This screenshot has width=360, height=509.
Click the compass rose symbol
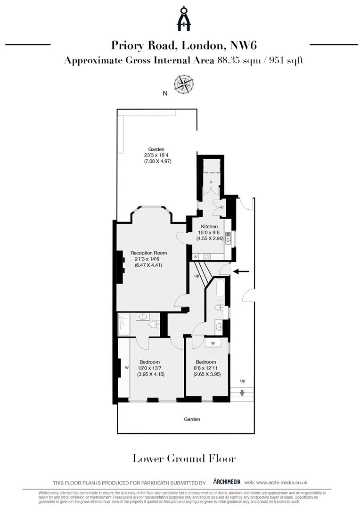click(x=183, y=84)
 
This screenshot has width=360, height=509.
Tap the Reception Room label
click(x=148, y=253)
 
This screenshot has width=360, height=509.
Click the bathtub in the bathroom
click(x=220, y=289)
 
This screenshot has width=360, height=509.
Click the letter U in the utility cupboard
click(x=211, y=181)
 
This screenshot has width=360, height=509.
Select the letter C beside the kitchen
click(x=222, y=207)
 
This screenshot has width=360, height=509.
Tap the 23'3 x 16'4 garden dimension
click(x=158, y=156)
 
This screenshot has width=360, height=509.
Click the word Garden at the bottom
click(x=192, y=419)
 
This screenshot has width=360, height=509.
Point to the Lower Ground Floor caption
click(x=184, y=458)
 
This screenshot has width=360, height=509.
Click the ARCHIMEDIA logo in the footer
click(x=227, y=482)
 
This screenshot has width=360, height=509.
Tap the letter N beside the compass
click(x=165, y=93)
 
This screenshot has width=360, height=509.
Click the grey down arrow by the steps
click(x=243, y=393)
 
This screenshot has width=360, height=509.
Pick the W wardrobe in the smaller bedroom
click(x=213, y=343)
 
